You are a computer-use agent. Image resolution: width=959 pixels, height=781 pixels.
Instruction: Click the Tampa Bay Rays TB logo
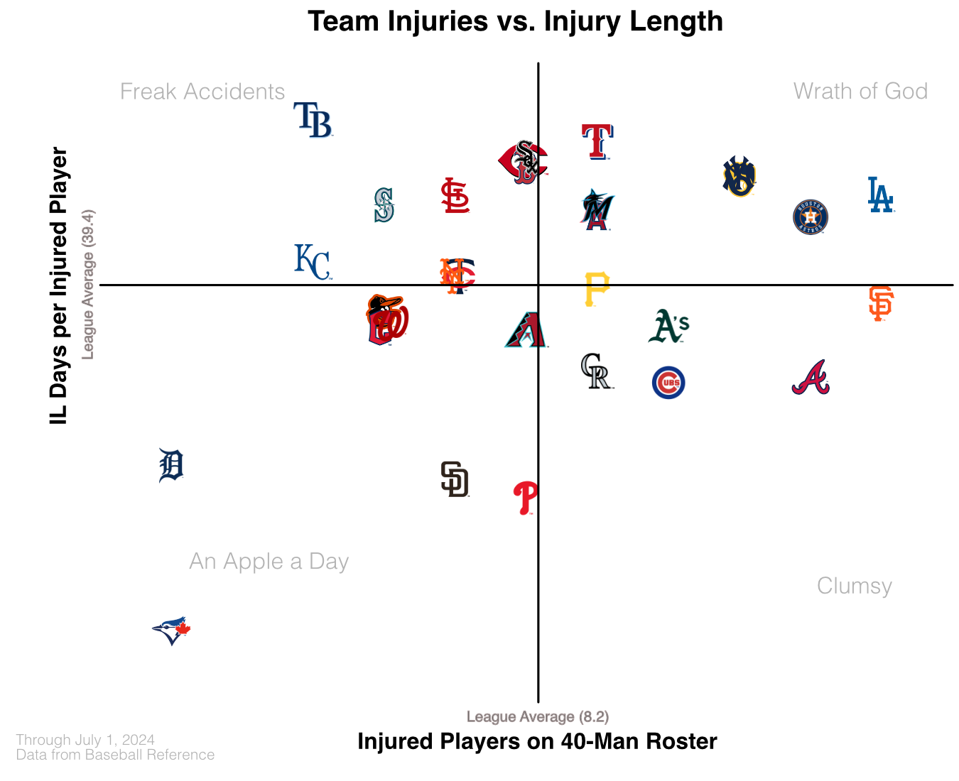[313, 119]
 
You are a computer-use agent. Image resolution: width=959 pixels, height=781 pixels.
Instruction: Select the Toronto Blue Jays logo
[171, 630]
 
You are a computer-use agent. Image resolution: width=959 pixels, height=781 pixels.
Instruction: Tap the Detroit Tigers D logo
[171, 466]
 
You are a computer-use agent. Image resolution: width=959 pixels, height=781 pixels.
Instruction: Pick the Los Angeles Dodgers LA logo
[880, 195]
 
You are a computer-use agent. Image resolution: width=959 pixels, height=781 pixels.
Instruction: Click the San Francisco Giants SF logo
[880, 304]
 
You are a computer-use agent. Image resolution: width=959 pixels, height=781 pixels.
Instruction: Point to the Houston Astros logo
[811, 217]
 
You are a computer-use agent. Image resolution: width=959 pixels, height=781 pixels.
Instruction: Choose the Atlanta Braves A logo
[811, 378]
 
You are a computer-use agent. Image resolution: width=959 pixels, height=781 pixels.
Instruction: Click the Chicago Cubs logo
[668, 383]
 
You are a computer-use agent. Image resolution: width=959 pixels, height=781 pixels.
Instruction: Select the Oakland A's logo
[668, 327]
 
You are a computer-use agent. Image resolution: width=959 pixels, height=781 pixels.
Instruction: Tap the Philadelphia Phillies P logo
[526, 498]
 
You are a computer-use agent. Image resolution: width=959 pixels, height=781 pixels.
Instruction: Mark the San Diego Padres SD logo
[455, 479]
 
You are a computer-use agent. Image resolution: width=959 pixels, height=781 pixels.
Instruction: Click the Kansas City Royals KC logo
[313, 262]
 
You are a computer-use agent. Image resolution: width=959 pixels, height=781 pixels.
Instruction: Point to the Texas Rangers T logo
[597, 141]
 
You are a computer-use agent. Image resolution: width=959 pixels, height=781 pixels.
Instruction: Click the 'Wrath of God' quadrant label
[860, 92]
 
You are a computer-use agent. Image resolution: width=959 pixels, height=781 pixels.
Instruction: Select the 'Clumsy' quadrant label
[854, 586]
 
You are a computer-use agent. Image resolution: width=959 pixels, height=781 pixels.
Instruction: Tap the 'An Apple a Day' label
[269, 562]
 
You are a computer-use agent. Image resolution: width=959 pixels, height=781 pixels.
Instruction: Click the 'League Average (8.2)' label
[538, 717]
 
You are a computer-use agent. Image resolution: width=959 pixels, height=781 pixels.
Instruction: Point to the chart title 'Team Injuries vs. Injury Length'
[515, 21]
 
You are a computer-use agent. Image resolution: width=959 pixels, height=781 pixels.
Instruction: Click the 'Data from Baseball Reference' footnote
[115, 755]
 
